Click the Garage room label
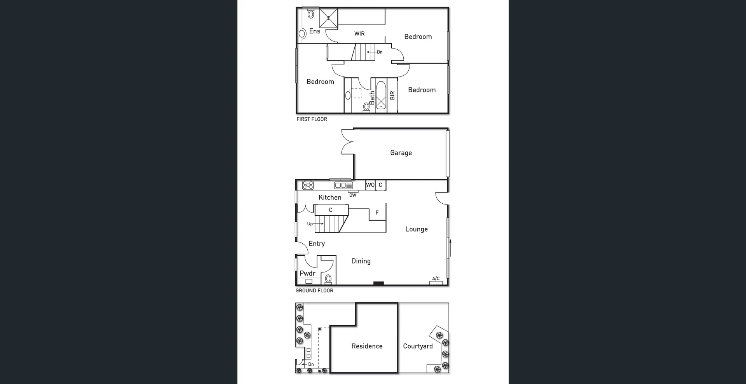pyautogui.click(x=401, y=153)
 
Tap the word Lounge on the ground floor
pyautogui.click(x=416, y=229)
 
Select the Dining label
pyautogui.click(x=361, y=261)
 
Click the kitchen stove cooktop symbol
pyautogui.click(x=308, y=185)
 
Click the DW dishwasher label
pyautogui.click(x=352, y=195)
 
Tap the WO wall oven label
pyautogui.click(x=370, y=185)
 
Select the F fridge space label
pyautogui.click(x=377, y=213)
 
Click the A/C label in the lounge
pyautogui.click(x=436, y=279)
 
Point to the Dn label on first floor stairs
pyautogui.click(x=379, y=52)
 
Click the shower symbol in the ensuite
pyautogui.click(x=329, y=18)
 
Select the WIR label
pyautogui.click(x=359, y=34)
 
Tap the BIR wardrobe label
pyautogui.click(x=392, y=95)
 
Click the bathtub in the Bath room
pyautogui.click(x=381, y=96)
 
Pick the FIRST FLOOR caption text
pyautogui.click(x=312, y=119)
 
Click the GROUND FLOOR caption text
pyautogui.click(x=314, y=291)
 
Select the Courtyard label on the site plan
pyautogui.click(x=418, y=346)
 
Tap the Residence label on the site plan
pyautogui.click(x=367, y=346)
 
